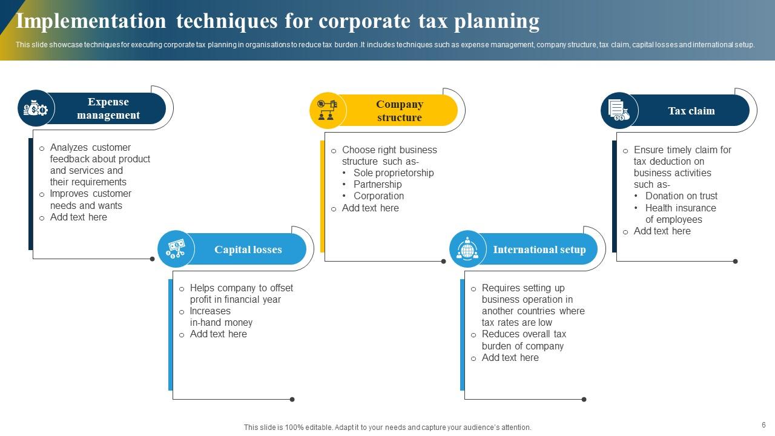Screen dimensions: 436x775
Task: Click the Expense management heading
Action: pyautogui.click(x=108, y=108)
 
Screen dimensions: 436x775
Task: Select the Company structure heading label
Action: pyautogui.click(x=400, y=111)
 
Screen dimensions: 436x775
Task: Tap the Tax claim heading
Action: pyautogui.click(x=691, y=111)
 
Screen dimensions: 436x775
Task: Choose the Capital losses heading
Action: pyautogui.click(x=248, y=249)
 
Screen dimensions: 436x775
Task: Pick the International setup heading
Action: pyautogui.click(x=539, y=249)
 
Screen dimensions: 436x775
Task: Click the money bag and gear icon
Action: pyautogui.click(x=36, y=109)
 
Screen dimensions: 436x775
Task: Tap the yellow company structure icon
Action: pyautogui.click(x=328, y=110)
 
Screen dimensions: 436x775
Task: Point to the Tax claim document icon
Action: pyautogui.click(x=619, y=111)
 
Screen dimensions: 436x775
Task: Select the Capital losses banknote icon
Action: pyautogui.click(x=176, y=249)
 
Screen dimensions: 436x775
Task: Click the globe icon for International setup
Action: pyautogui.click(x=467, y=249)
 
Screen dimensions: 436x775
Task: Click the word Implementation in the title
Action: pyautogui.click(x=91, y=21)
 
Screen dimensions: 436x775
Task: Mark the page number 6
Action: pyautogui.click(x=763, y=425)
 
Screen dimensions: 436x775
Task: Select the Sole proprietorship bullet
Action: pyautogui.click(x=394, y=173)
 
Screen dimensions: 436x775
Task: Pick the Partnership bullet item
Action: pyautogui.click(x=377, y=184)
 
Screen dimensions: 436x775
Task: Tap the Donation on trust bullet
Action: pyautogui.click(x=681, y=196)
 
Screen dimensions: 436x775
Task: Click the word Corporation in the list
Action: pyautogui.click(x=378, y=196)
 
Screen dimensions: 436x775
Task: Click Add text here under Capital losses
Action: pyautogui.click(x=218, y=334)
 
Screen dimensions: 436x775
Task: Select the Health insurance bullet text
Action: pyautogui.click(x=681, y=208)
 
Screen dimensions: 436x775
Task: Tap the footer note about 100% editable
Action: pyautogui.click(x=387, y=427)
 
